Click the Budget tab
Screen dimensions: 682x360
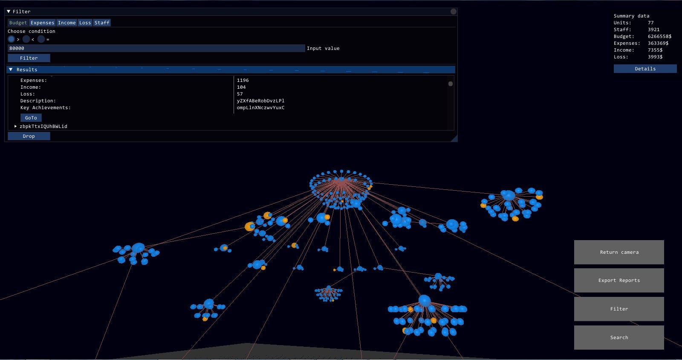18,23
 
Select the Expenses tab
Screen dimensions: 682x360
42,23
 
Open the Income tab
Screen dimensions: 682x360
66,23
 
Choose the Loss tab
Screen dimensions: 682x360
85,23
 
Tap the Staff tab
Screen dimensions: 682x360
102,23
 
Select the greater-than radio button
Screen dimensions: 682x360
11,39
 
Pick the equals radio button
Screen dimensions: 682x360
41,39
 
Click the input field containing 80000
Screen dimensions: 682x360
156,48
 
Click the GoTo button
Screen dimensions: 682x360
31,118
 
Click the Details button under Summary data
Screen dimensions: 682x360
645,69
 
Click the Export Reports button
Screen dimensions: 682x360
619,280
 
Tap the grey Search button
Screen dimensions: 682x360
619,337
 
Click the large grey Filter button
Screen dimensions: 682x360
619,309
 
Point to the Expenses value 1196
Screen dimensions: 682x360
243,80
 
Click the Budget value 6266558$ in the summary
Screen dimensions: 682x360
659,36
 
